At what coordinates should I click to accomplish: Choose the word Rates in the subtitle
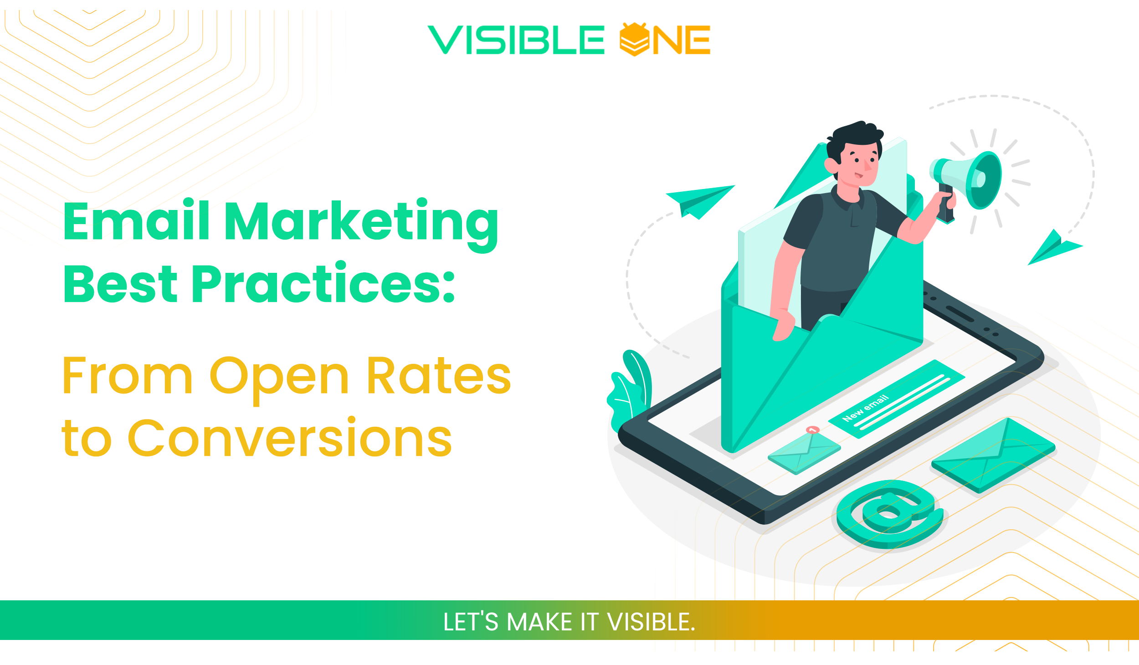point(438,376)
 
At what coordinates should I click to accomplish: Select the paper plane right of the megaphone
point(1053,248)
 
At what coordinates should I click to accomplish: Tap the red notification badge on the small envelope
point(813,430)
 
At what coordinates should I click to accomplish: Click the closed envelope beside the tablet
point(993,455)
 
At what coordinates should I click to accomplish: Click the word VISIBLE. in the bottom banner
point(651,622)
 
